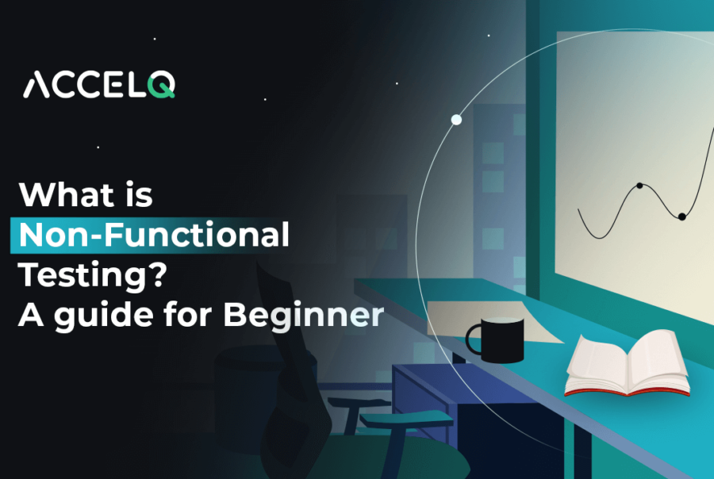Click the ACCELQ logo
[x=99, y=84]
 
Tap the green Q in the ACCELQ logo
[x=162, y=85]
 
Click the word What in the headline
[x=67, y=195]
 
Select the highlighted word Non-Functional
[x=154, y=235]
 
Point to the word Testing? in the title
[x=93, y=274]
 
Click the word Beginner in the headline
[x=304, y=315]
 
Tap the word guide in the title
[x=104, y=315]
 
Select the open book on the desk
[x=628, y=363]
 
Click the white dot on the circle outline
[x=456, y=120]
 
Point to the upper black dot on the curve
[x=639, y=186]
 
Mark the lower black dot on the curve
[x=681, y=217]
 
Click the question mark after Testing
[x=159, y=274]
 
